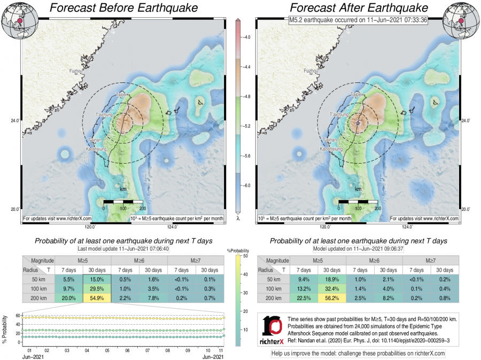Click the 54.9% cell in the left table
(x=97, y=298)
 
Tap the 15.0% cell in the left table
(x=97, y=279)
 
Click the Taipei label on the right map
(x=356, y=95)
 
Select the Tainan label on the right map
(x=331, y=140)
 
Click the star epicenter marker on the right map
(x=358, y=124)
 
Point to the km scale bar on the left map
(x=123, y=202)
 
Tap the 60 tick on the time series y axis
(x=18, y=316)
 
